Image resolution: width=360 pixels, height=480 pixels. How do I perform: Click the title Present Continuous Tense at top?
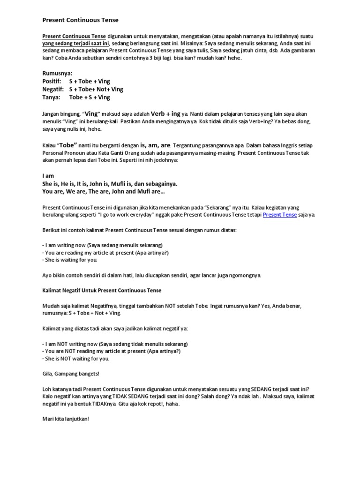coord(80,20)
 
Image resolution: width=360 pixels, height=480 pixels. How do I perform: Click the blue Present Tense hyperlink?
coord(279,215)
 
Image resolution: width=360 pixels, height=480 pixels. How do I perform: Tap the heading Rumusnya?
coord(58,74)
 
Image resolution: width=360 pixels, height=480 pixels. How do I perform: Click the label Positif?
coord(52,82)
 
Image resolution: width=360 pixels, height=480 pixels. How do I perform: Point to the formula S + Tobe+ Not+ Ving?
coord(96,90)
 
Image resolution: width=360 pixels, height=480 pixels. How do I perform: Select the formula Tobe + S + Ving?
coord(90,97)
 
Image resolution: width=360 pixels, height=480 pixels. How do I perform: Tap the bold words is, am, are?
coord(153,145)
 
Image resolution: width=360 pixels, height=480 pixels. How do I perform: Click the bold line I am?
coord(48,176)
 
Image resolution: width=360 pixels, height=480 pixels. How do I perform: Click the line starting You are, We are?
coord(103,192)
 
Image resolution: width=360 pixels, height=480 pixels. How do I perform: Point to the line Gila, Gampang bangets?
coord(70,374)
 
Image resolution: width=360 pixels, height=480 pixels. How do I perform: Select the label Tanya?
coord(51,97)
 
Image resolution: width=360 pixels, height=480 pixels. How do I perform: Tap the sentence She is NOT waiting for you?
coord(76,359)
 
